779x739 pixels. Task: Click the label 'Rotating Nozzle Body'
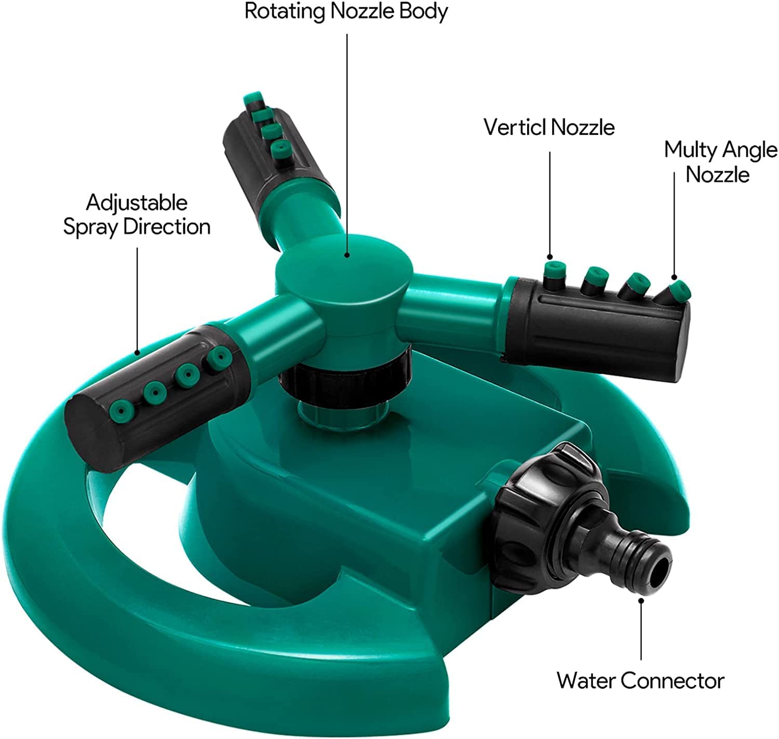(346, 11)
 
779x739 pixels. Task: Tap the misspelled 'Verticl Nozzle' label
(549, 127)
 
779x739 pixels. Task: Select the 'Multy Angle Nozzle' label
(720, 162)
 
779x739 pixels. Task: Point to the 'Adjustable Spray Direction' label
(137, 214)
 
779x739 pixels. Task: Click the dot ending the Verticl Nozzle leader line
(549, 257)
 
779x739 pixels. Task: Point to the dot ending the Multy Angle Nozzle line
(674, 277)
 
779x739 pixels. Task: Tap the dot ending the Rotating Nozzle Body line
(347, 255)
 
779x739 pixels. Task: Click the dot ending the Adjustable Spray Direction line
(137, 353)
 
